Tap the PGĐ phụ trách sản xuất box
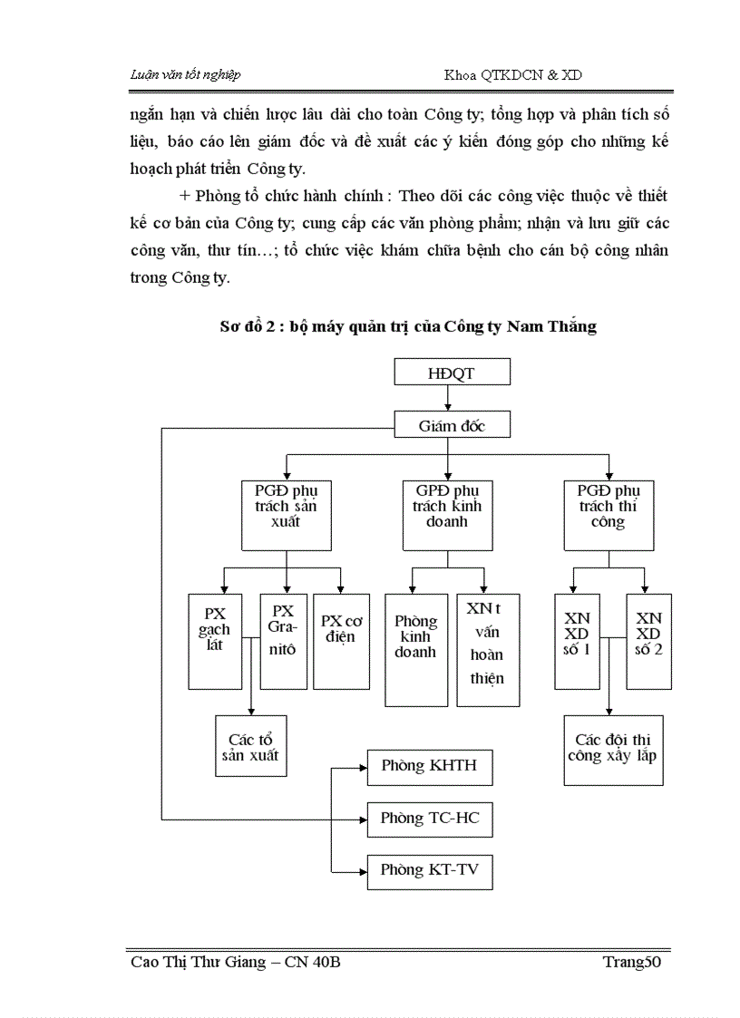click(x=286, y=513)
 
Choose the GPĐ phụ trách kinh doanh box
click(x=447, y=513)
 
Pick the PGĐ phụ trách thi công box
click(x=609, y=513)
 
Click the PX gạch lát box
click(x=215, y=640)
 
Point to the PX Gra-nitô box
click(x=283, y=640)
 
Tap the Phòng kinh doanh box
click(x=415, y=649)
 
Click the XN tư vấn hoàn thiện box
click(x=488, y=649)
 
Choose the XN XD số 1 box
click(x=577, y=640)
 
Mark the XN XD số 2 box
click(x=649, y=640)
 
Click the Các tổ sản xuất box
click(x=251, y=745)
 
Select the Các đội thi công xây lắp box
click(x=612, y=747)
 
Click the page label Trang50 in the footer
click(x=632, y=962)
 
